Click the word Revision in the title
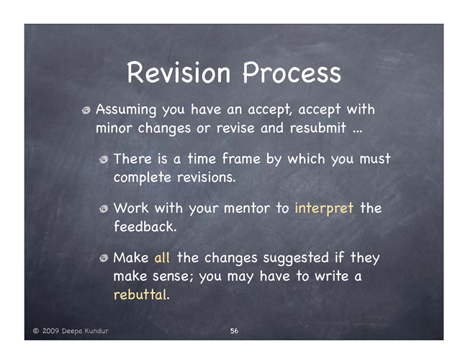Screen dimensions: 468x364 [179, 72]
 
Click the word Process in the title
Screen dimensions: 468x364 [292, 72]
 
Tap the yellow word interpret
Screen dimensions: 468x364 [324, 208]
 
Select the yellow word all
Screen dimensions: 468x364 [162, 258]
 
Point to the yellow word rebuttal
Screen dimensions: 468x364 [140, 294]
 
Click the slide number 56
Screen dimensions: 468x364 [234, 331]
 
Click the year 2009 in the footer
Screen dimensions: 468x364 [50, 331]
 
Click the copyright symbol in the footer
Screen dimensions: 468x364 [36, 331]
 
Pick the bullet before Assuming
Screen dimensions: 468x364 [86, 110]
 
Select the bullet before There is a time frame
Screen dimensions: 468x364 [104, 160]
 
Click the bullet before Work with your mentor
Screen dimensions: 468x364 [104, 209]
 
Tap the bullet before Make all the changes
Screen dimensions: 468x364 [104, 258]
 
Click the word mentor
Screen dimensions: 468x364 [247, 208]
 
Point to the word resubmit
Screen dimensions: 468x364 [318, 128]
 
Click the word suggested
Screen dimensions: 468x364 [296, 258]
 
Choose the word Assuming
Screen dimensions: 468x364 [126, 110]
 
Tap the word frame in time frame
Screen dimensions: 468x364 [241, 158]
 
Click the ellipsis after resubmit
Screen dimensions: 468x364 [357, 132]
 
